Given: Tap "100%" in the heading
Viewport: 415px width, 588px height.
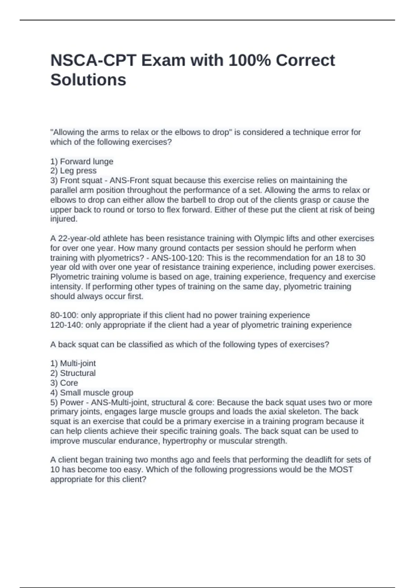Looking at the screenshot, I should click(x=250, y=61).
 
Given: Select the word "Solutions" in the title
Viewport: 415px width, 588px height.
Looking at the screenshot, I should click(x=88, y=80).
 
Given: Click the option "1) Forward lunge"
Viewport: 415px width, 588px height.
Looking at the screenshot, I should click(x=82, y=162).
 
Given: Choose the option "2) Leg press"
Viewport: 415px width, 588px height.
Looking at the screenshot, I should click(x=73, y=171).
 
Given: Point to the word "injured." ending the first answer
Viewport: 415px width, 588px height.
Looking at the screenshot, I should click(x=64, y=219).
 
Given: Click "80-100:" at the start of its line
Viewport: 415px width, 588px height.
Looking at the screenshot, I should click(x=64, y=315).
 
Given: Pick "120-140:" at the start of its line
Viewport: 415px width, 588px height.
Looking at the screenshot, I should click(x=67, y=325).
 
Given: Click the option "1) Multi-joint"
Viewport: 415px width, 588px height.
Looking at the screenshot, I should click(x=73, y=364).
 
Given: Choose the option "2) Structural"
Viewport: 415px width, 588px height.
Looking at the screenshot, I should click(x=73, y=373).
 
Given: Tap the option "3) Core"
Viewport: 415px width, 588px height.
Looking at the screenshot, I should click(x=64, y=383).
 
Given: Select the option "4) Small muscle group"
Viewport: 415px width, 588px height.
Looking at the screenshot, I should click(x=92, y=393).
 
